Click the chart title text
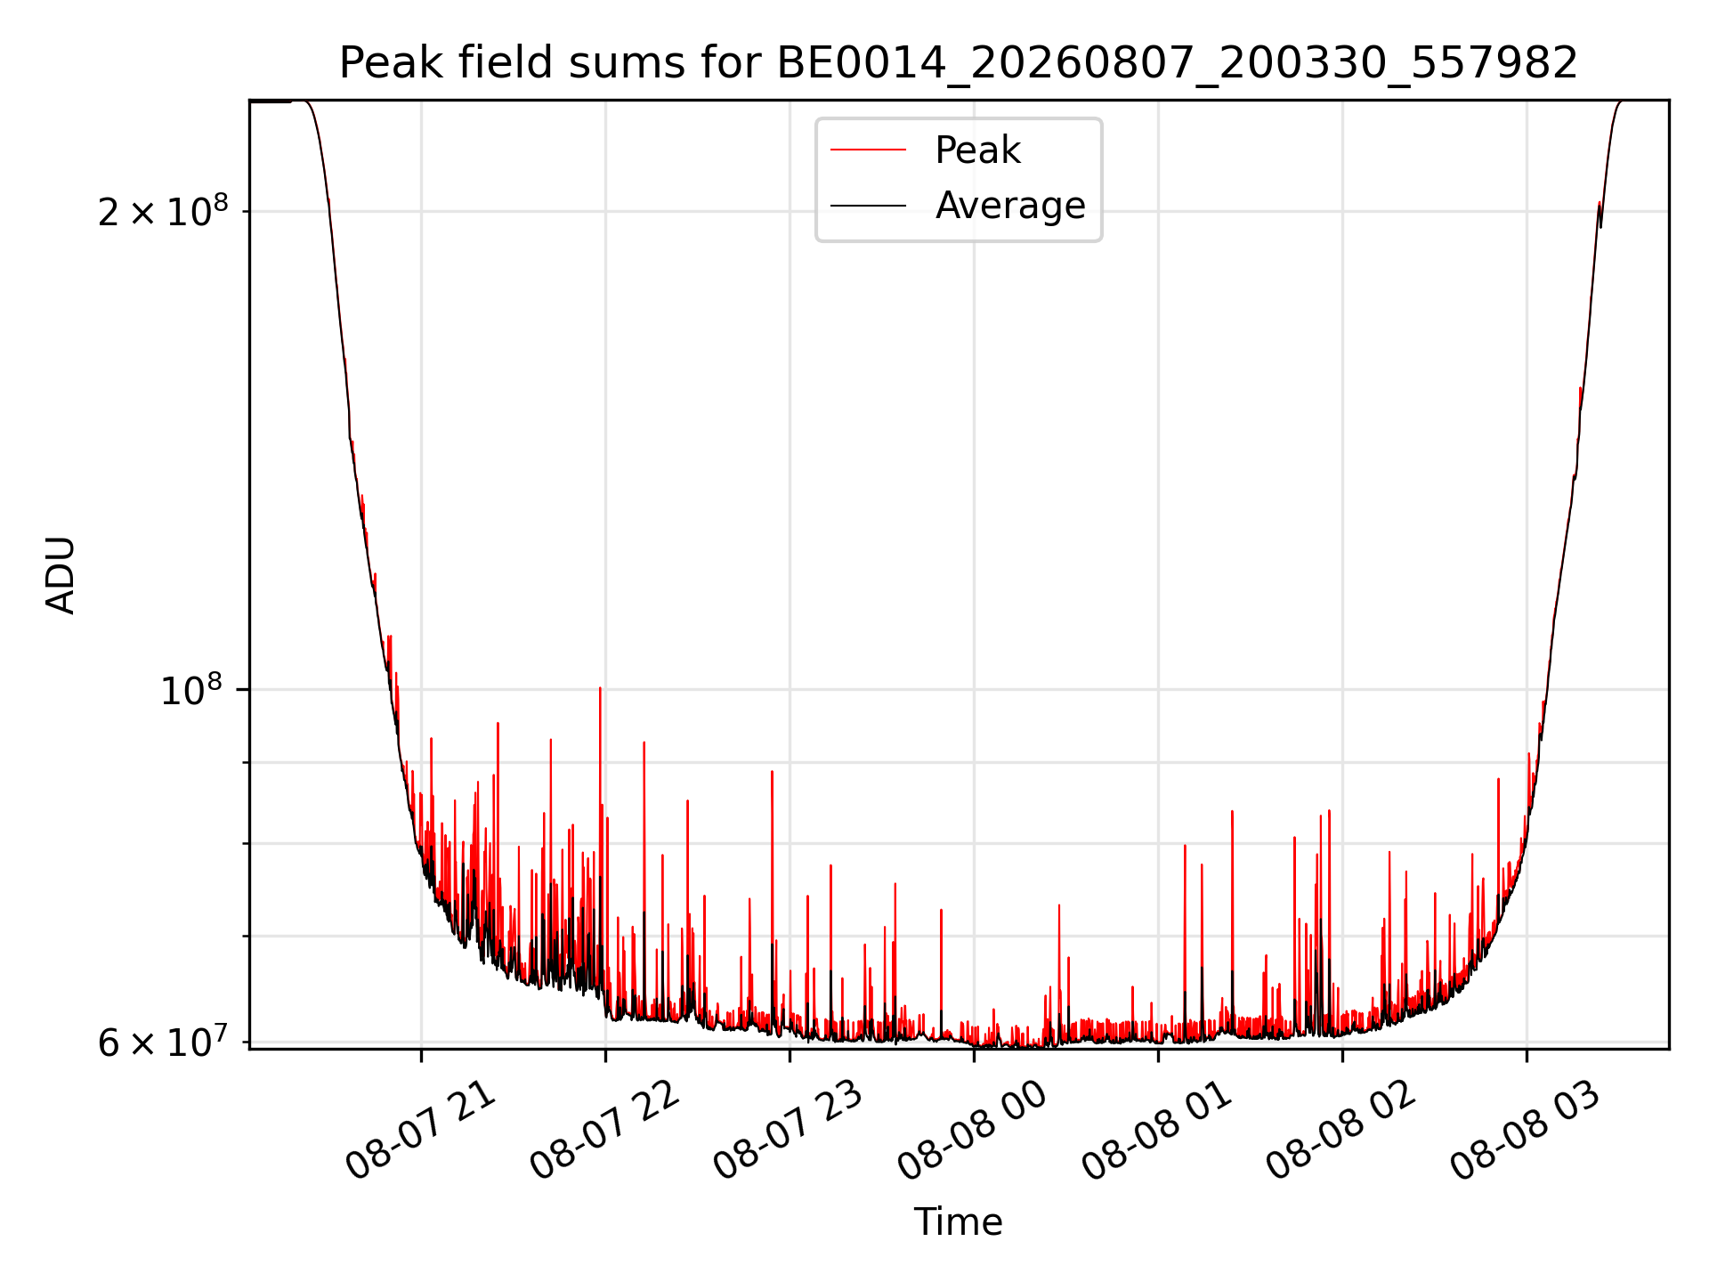point(959,63)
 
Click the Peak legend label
point(977,150)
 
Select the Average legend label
point(1010,206)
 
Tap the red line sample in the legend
point(868,150)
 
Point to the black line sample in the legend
point(868,206)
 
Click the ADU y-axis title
point(61,575)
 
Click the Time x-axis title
point(959,1222)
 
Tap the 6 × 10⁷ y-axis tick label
point(163,1041)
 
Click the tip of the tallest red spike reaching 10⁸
point(600,688)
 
